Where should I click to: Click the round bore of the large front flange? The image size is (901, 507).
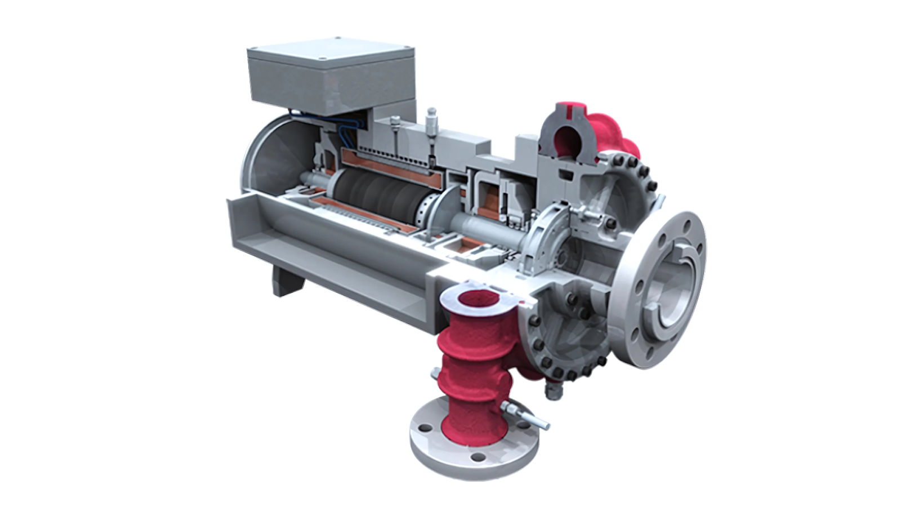click(x=673, y=290)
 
